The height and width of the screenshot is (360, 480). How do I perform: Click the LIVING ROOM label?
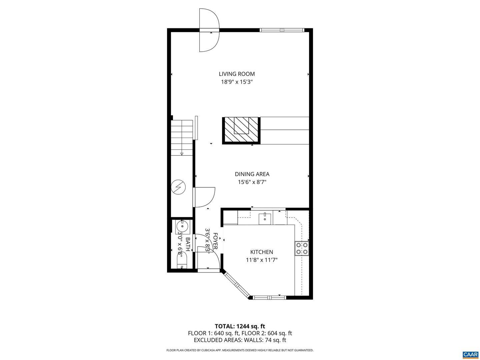237,74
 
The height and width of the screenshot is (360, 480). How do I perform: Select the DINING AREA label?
252,174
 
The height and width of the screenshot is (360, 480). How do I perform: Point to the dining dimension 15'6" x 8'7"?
252,182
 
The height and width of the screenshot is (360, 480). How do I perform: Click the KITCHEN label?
262,252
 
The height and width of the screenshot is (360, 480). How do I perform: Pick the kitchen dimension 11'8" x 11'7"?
262,260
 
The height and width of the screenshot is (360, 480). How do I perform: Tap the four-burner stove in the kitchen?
301,248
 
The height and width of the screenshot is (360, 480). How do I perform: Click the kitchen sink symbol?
265,218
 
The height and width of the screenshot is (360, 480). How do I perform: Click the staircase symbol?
182,138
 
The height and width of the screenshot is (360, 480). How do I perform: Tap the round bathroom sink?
182,226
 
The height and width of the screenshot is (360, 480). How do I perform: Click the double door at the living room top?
209,30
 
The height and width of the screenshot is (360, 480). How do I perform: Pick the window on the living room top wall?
282,30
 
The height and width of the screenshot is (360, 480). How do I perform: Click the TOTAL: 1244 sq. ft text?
240,326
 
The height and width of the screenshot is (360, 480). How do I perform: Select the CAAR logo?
470,354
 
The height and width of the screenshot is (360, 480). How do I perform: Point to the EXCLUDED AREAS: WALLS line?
240,340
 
